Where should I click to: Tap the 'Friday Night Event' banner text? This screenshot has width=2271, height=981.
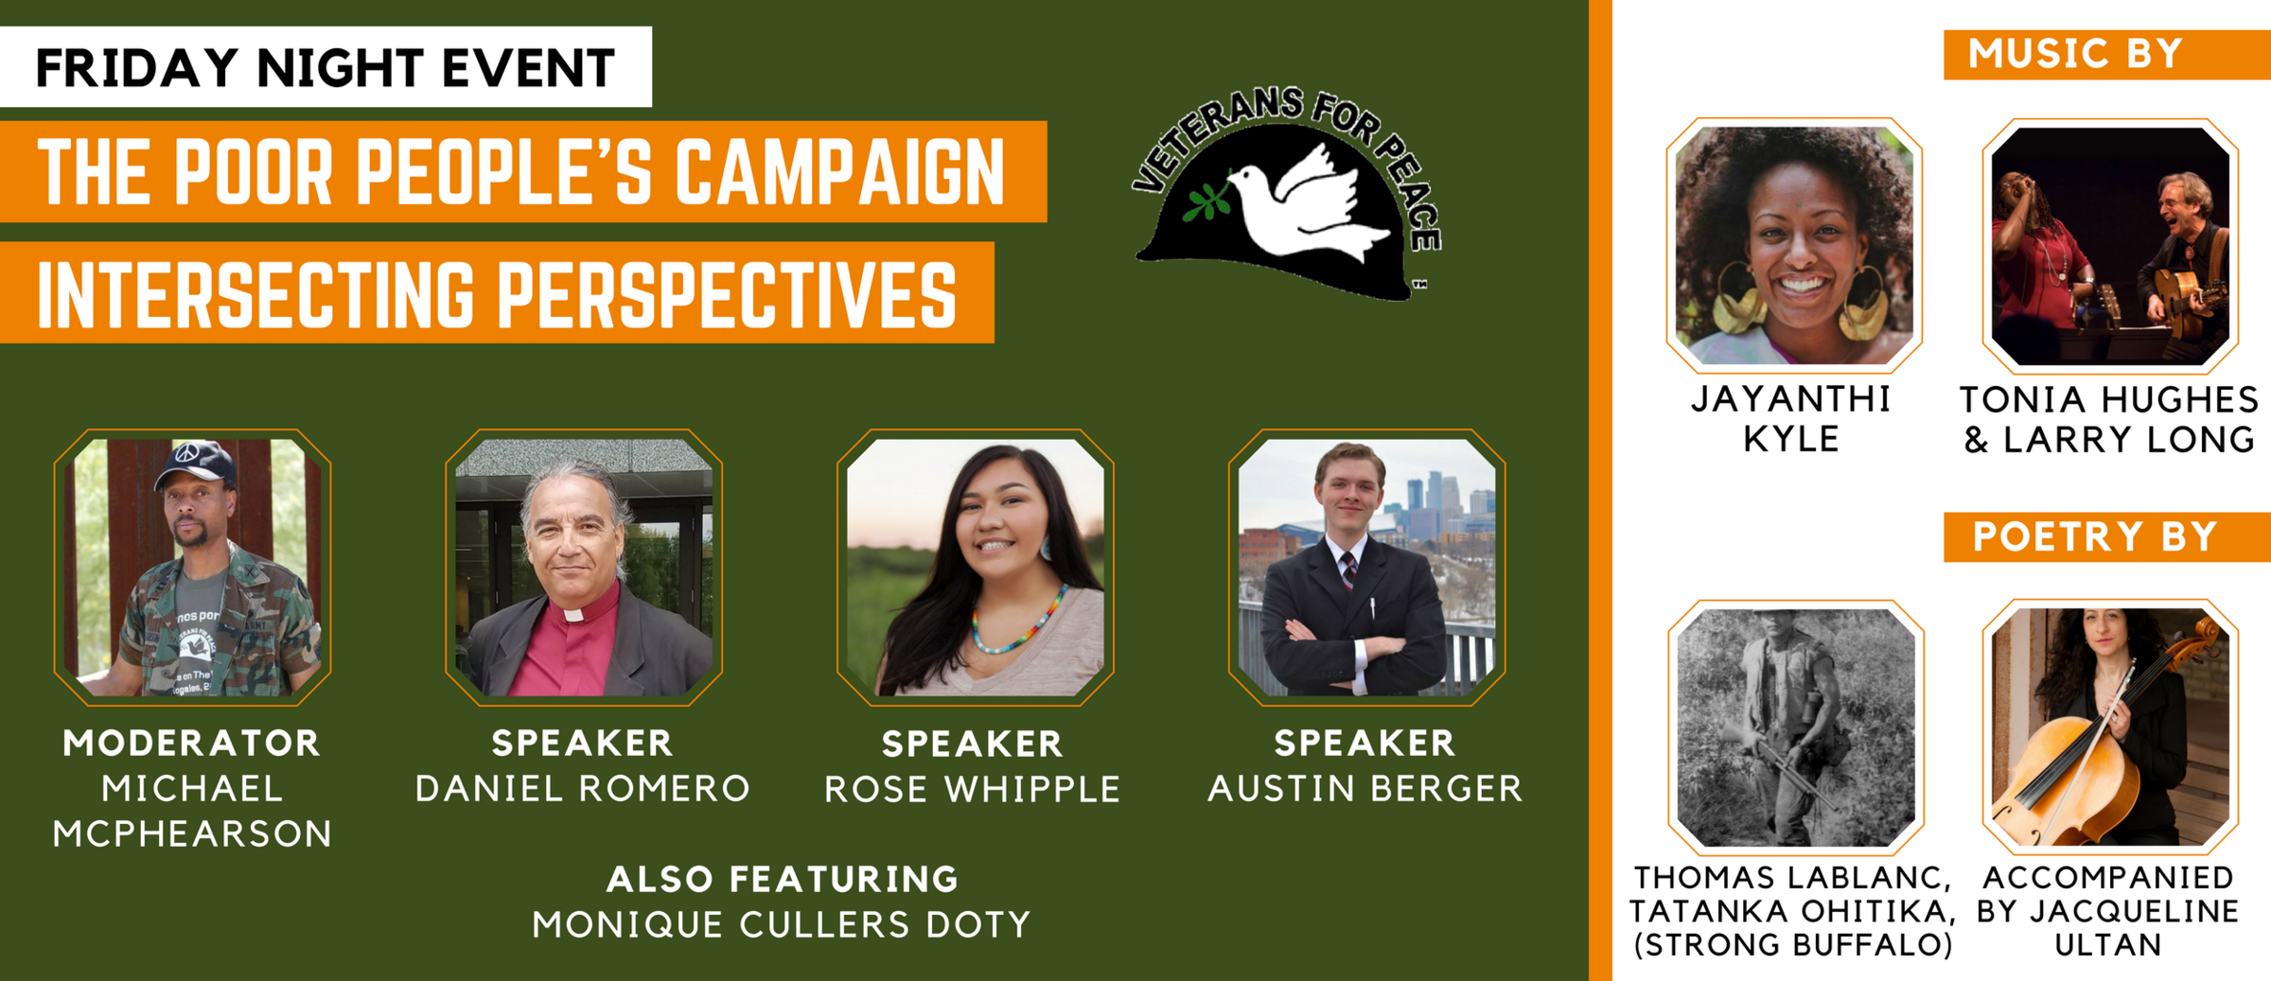click(x=326, y=67)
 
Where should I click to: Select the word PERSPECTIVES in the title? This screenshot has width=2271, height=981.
click(x=727, y=293)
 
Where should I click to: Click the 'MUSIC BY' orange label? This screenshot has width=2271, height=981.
click(x=2075, y=54)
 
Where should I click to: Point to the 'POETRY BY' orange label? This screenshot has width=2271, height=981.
click(x=2095, y=536)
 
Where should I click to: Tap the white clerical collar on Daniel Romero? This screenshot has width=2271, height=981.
click(x=573, y=614)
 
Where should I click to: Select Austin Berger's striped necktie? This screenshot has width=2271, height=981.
click(x=1347, y=568)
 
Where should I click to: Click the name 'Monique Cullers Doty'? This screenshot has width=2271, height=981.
click(x=782, y=924)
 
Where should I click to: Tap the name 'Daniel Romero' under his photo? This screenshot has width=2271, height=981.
click(x=583, y=788)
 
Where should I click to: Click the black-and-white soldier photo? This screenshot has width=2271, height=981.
click(x=1796, y=727)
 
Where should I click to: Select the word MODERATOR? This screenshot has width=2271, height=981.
click(x=192, y=744)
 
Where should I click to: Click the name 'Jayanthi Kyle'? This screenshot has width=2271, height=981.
click(x=1791, y=418)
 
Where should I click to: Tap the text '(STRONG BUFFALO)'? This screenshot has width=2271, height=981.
click(x=1794, y=944)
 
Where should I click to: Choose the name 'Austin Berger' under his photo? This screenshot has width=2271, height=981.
click(x=1365, y=788)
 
